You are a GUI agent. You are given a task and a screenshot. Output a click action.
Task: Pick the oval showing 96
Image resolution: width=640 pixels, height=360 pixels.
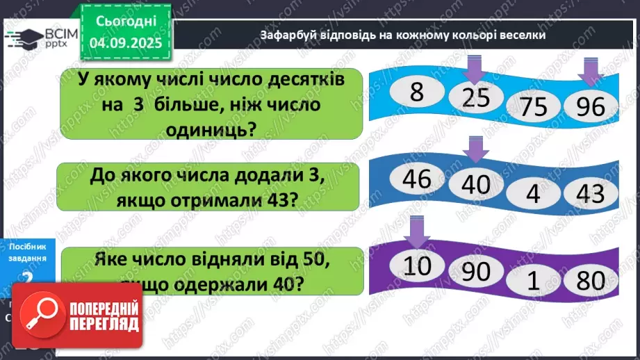point(590,106)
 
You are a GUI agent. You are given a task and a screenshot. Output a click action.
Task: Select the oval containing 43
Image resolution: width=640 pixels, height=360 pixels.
point(590,193)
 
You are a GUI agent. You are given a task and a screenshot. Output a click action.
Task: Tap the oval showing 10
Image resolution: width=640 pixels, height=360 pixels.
point(417,267)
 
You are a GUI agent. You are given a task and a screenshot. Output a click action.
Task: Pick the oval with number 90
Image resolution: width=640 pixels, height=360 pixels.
point(476,272)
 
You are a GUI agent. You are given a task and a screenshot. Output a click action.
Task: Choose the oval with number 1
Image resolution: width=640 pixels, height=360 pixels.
point(534,281)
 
